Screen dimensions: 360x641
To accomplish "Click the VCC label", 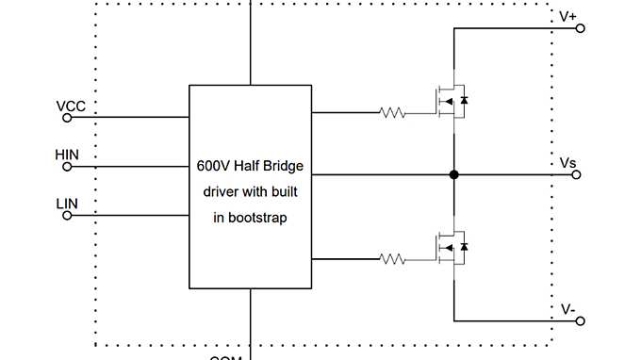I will (72, 106).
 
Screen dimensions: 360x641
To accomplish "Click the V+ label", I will (568, 16).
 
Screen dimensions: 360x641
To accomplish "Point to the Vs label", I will (567, 163).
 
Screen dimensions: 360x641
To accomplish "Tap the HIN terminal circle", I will (67, 167).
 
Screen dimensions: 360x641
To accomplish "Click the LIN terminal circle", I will (67, 216).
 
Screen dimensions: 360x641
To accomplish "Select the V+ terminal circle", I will (581, 28).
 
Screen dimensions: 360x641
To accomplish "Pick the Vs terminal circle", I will (581, 175).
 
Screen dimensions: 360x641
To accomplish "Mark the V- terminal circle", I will (581, 320).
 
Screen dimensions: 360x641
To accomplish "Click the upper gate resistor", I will (391, 113).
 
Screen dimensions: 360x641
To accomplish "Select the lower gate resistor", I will (391, 257).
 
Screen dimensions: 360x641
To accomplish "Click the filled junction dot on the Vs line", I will (454, 174).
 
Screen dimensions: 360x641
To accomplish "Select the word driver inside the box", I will (224, 191).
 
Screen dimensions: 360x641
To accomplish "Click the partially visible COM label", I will (226, 356).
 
